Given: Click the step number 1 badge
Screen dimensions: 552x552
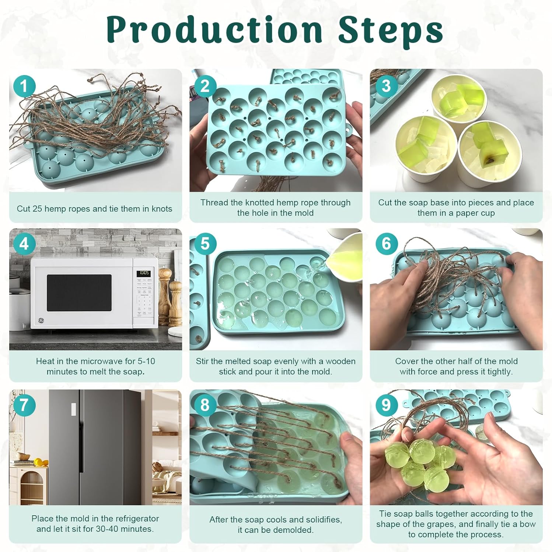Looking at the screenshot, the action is [x=24, y=86].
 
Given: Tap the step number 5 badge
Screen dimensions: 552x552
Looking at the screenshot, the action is [x=205, y=244].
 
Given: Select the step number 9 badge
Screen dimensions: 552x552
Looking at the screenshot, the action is [x=386, y=405].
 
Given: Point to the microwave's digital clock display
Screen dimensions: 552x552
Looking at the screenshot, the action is [x=144, y=273].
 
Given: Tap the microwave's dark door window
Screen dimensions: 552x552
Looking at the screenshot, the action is [x=79, y=293].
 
